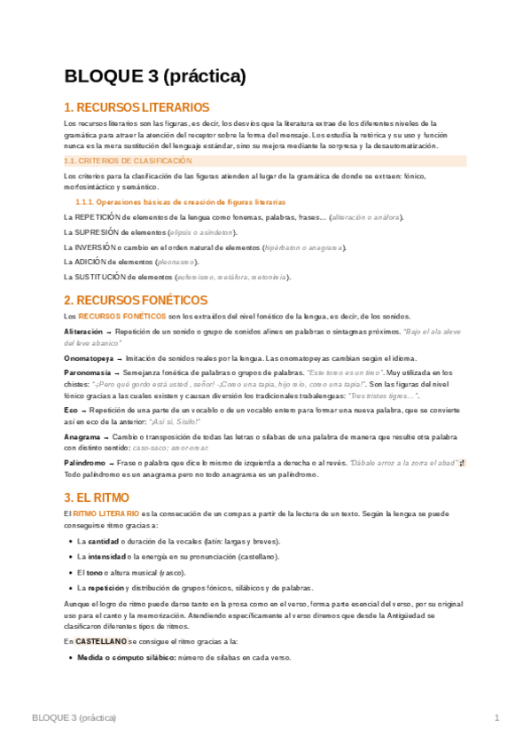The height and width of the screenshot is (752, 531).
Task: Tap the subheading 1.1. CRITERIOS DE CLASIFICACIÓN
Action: tap(129, 161)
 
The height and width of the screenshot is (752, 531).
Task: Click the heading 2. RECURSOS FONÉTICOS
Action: tap(139, 301)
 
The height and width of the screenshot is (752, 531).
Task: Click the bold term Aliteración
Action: tap(83, 330)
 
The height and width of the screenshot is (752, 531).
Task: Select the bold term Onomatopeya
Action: tap(89, 357)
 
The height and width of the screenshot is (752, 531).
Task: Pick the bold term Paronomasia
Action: tap(89, 373)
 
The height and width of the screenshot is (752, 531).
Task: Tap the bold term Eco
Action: tap(71, 411)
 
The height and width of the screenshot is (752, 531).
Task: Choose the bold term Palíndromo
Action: tap(88, 464)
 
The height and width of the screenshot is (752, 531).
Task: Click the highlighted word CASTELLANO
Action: tap(101, 640)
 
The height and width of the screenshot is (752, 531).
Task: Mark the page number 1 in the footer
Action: tap(497, 717)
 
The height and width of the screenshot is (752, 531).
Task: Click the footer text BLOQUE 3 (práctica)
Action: tap(74, 717)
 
